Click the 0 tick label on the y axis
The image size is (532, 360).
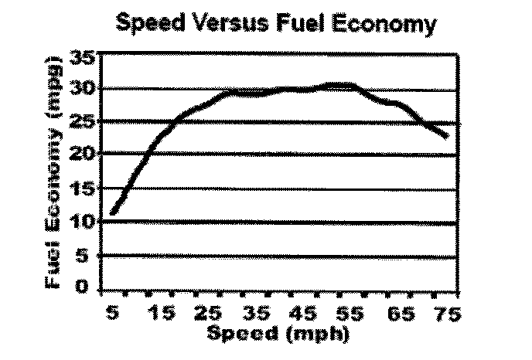[86, 287]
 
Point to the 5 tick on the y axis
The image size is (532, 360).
[86, 254]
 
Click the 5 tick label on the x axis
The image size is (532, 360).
[113, 315]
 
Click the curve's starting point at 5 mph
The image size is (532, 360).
[113, 212]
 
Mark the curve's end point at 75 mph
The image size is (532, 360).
[446, 137]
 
